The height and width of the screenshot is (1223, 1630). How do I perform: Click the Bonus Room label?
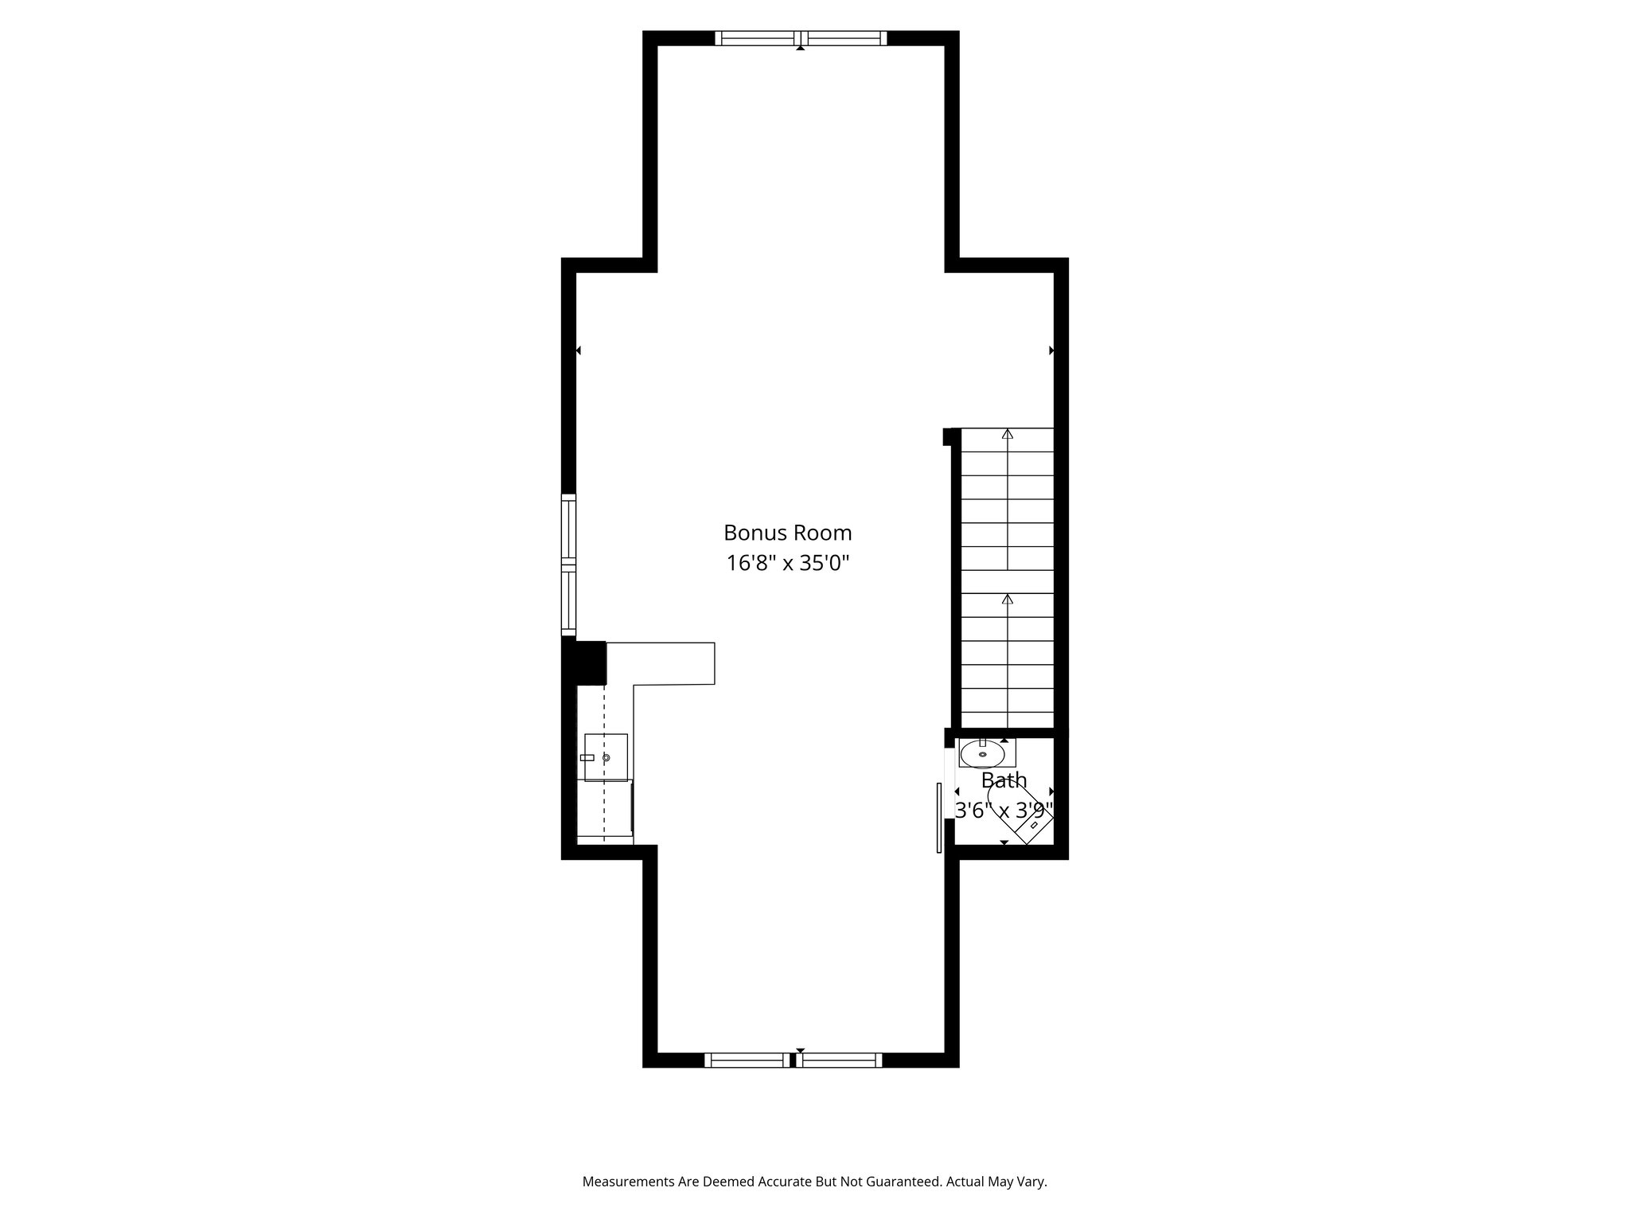[x=787, y=533]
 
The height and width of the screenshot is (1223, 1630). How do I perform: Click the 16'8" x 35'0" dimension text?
[x=787, y=564]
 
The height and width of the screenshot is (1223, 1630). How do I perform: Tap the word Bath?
[x=1004, y=780]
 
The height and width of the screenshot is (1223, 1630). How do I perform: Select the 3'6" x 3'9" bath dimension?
[x=1004, y=811]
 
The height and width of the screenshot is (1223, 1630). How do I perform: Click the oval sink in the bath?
[x=982, y=753]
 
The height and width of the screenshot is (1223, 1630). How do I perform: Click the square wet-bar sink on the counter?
[x=606, y=757]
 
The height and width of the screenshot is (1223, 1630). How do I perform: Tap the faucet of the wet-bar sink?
[x=587, y=757]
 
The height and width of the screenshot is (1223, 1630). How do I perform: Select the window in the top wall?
[x=801, y=37]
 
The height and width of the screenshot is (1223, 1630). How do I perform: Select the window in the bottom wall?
[x=794, y=1060]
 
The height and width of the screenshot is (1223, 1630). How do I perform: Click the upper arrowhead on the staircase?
[x=1008, y=434]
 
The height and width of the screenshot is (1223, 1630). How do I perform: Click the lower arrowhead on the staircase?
[x=1008, y=599]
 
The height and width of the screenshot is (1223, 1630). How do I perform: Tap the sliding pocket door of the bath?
[x=939, y=818]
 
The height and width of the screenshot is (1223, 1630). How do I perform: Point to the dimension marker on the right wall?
[x=1051, y=350]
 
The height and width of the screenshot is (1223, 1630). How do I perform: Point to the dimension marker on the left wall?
[x=579, y=350]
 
